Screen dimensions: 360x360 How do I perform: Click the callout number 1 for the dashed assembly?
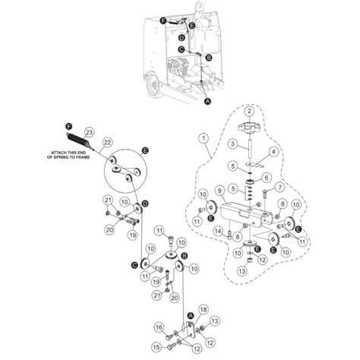[x=204, y=139]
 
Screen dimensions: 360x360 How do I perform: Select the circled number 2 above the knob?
[x=262, y=112]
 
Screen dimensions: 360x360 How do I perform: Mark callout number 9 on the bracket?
[x=219, y=191]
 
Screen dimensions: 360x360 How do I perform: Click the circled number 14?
[x=218, y=230]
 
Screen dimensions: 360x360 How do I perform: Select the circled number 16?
[x=158, y=327]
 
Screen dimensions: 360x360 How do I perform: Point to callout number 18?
[x=202, y=310]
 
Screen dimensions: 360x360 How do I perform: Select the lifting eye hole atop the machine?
[x=200, y=9]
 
